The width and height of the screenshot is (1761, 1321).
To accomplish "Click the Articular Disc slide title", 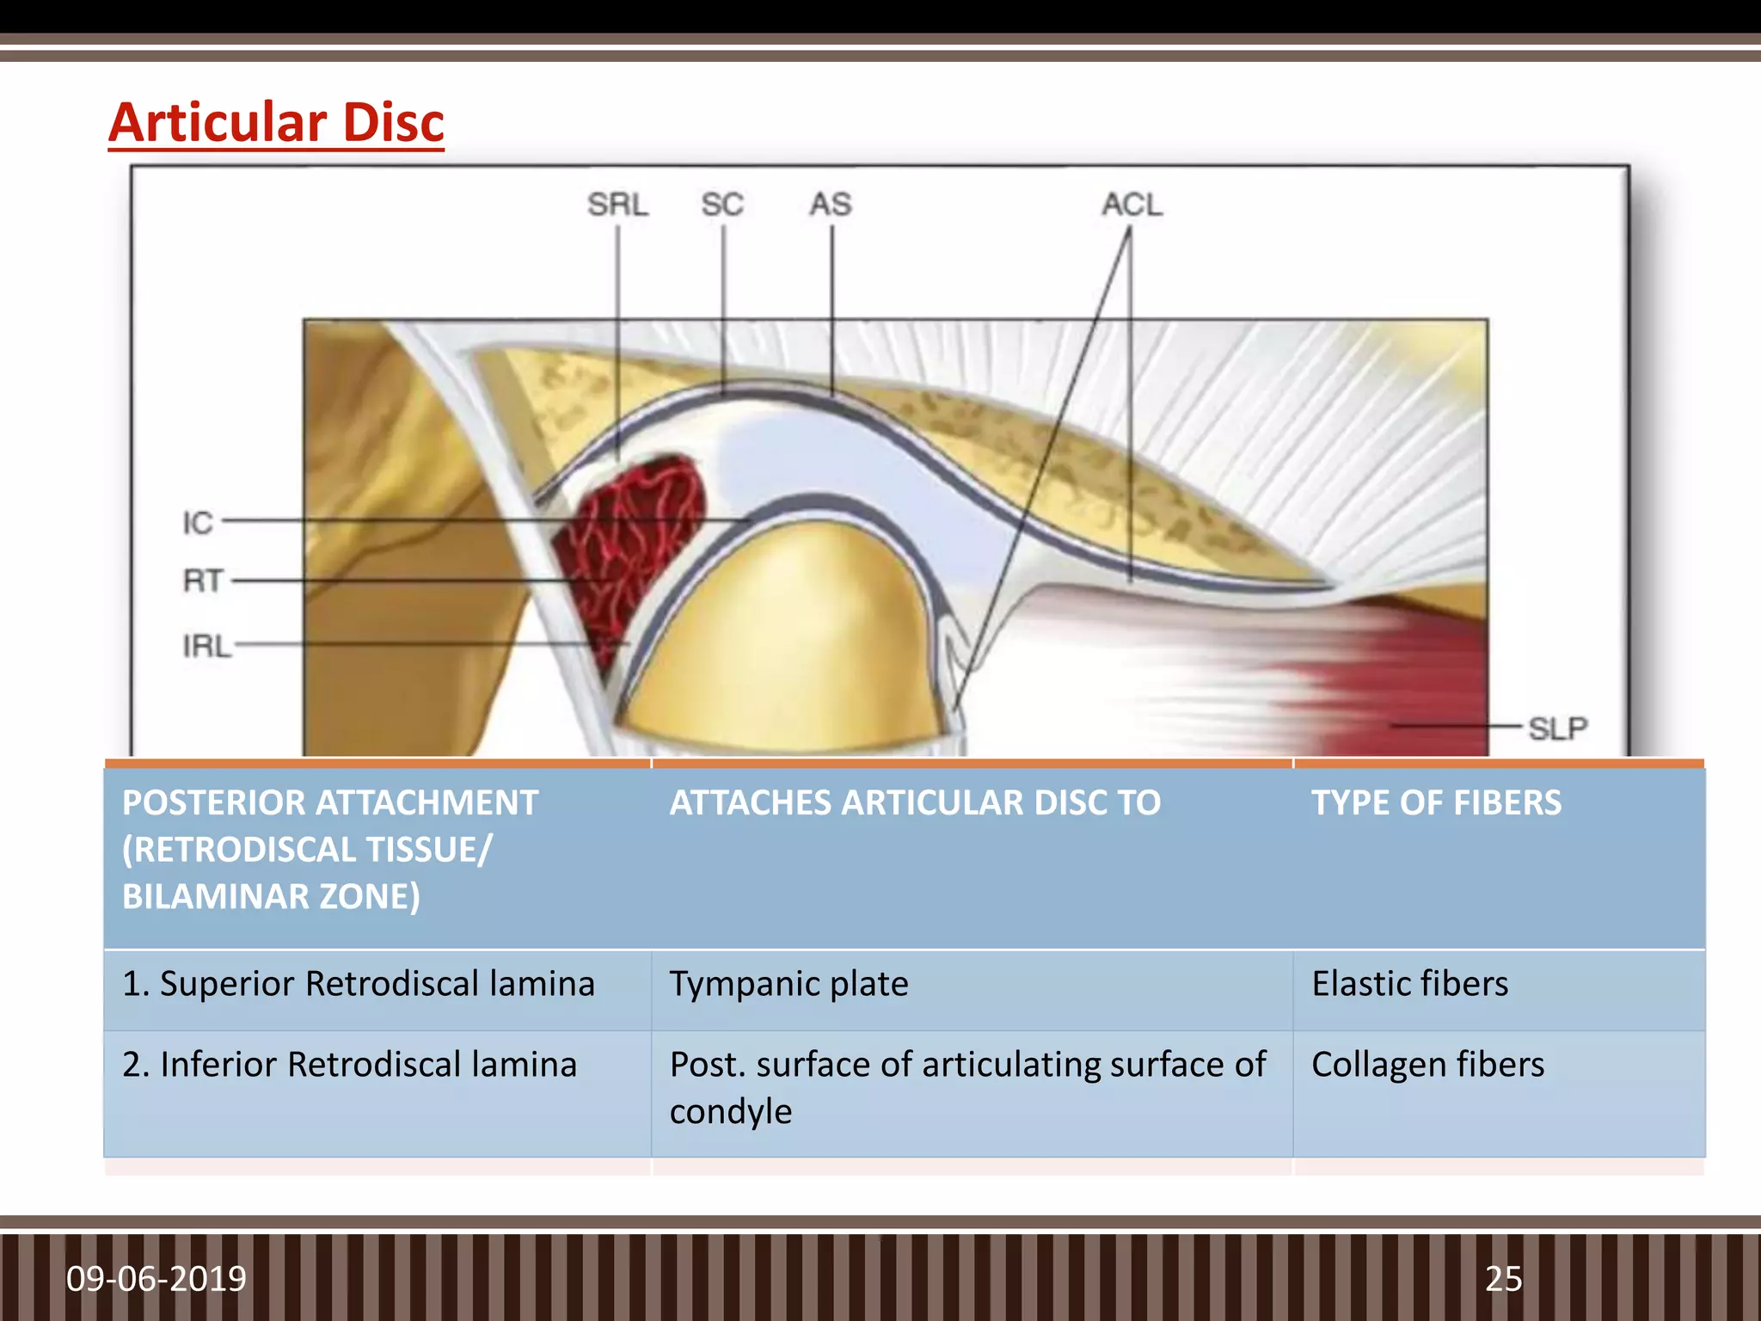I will [276, 123].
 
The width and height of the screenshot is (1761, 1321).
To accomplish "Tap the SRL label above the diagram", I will [617, 205].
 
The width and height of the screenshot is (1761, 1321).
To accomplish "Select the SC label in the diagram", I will [721, 205].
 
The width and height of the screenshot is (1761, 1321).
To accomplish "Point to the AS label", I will [830, 205].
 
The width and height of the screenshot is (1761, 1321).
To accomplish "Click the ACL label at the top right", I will [1132, 205].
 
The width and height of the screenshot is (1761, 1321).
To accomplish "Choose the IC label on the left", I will [197, 523].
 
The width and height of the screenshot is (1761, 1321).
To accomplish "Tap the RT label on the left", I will [203, 581].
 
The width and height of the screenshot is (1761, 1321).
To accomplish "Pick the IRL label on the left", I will [206, 646].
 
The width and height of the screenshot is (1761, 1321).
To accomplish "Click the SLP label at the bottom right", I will [1557, 728].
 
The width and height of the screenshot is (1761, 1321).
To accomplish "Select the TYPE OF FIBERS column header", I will [1436, 802].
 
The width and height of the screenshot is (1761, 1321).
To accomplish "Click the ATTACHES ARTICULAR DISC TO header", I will [915, 802].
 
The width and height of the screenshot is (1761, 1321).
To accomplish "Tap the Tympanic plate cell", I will [788, 984].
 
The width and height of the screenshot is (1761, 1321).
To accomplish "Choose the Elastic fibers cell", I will [1409, 984].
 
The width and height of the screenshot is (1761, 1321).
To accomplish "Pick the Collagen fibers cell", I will [1427, 1065].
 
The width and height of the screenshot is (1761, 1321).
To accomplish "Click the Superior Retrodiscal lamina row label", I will [358, 984].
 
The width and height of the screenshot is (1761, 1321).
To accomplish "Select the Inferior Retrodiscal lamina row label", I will [349, 1065].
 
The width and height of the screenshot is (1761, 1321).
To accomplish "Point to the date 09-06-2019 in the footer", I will [156, 1279].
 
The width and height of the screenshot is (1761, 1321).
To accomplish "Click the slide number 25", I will [1503, 1279].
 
